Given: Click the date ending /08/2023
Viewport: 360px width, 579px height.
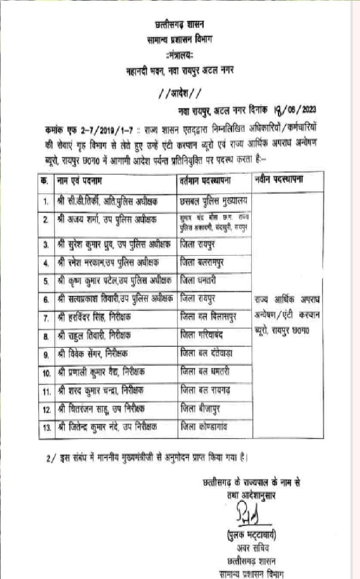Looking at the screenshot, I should click(295, 110).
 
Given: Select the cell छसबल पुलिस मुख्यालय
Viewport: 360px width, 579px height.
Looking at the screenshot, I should click(213, 201).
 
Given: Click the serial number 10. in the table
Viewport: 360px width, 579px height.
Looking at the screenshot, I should click(46, 372).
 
